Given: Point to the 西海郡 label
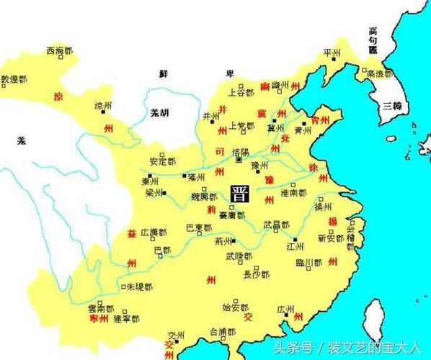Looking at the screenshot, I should (60, 51).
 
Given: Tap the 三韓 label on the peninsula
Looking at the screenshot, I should (393, 105).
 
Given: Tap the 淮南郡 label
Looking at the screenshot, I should (293, 193).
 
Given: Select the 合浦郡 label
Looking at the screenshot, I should (222, 332).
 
